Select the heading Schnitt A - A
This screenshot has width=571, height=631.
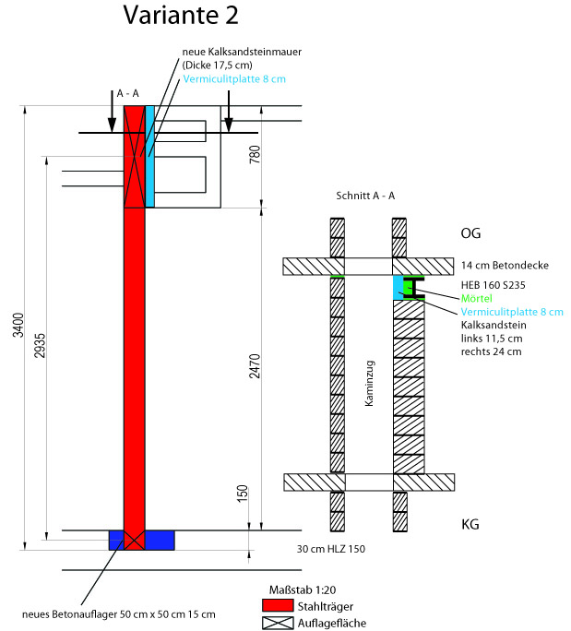(x=365, y=196)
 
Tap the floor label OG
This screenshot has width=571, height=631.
(x=471, y=233)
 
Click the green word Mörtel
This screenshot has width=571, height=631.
(x=478, y=300)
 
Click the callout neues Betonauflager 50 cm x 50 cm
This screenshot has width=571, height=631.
(x=119, y=614)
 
